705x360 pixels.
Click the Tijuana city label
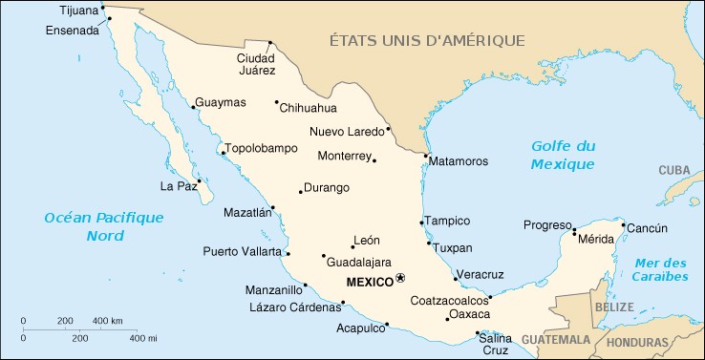point(78,11)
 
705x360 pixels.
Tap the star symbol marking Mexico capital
point(401,279)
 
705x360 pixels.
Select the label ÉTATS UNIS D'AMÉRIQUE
point(427,40)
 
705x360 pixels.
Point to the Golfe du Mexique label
point(563,155)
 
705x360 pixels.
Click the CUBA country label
point(673,170)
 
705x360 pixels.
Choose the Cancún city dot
point(624,226)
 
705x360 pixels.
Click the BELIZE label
point(613,308)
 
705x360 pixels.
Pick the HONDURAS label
point(637,342)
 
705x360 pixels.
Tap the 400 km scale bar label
point(107,320)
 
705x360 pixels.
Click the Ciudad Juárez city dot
point(270,42)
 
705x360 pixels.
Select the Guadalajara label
point(360,262)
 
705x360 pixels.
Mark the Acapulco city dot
point(387,324)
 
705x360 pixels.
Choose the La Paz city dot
point(200,180)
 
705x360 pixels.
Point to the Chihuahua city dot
point(276,102)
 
